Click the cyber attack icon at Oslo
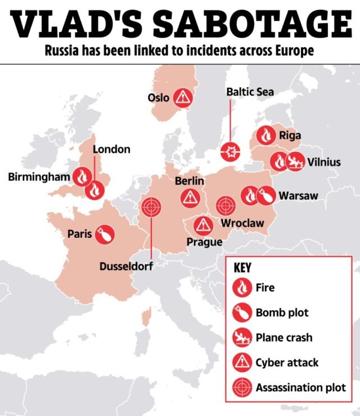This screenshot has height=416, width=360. [182, 98]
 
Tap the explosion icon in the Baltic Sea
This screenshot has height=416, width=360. [231, 151]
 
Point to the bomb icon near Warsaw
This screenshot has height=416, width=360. [267, 196]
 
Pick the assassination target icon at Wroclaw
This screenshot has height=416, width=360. [226, 205]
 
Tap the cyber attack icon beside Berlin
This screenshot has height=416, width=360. [190, 197]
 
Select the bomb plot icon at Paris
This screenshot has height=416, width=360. [104, 234]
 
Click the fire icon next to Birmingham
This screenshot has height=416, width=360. [82, 177]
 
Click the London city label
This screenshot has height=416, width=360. [111, 150]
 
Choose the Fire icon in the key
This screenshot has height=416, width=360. [241, 288]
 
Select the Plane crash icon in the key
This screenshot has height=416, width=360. [241, 337]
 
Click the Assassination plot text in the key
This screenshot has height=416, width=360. [300, 387]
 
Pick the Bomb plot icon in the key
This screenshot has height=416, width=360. [241, 313]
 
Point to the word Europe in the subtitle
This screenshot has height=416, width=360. [293, 52]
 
